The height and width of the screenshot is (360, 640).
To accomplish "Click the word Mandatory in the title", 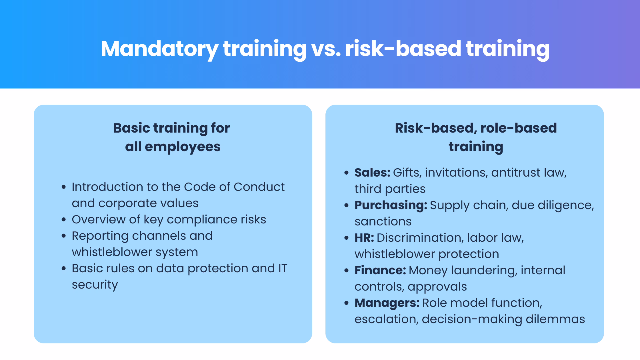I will tap(159, 49).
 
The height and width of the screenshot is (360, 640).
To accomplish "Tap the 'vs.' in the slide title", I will tap(326, 49).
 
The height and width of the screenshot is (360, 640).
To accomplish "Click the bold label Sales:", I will tap(372, 173).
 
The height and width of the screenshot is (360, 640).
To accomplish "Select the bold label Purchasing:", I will tap(391, 205).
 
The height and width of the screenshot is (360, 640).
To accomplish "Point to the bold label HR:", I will tap(364, 238).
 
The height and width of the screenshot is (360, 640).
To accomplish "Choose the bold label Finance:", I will tap(380, 270).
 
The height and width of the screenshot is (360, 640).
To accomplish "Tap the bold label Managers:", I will tap(387, 303).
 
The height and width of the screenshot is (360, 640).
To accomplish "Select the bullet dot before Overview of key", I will tap(64, 220).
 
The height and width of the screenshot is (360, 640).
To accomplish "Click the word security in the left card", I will tap(95, 285).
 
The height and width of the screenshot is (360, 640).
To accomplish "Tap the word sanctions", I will tap(383, 221).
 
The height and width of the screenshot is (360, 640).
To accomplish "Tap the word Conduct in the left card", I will tap(259, 187).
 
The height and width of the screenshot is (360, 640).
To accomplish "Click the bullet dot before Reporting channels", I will tap(64, 236).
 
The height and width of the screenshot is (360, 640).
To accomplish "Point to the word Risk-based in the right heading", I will tap(435, 128).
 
